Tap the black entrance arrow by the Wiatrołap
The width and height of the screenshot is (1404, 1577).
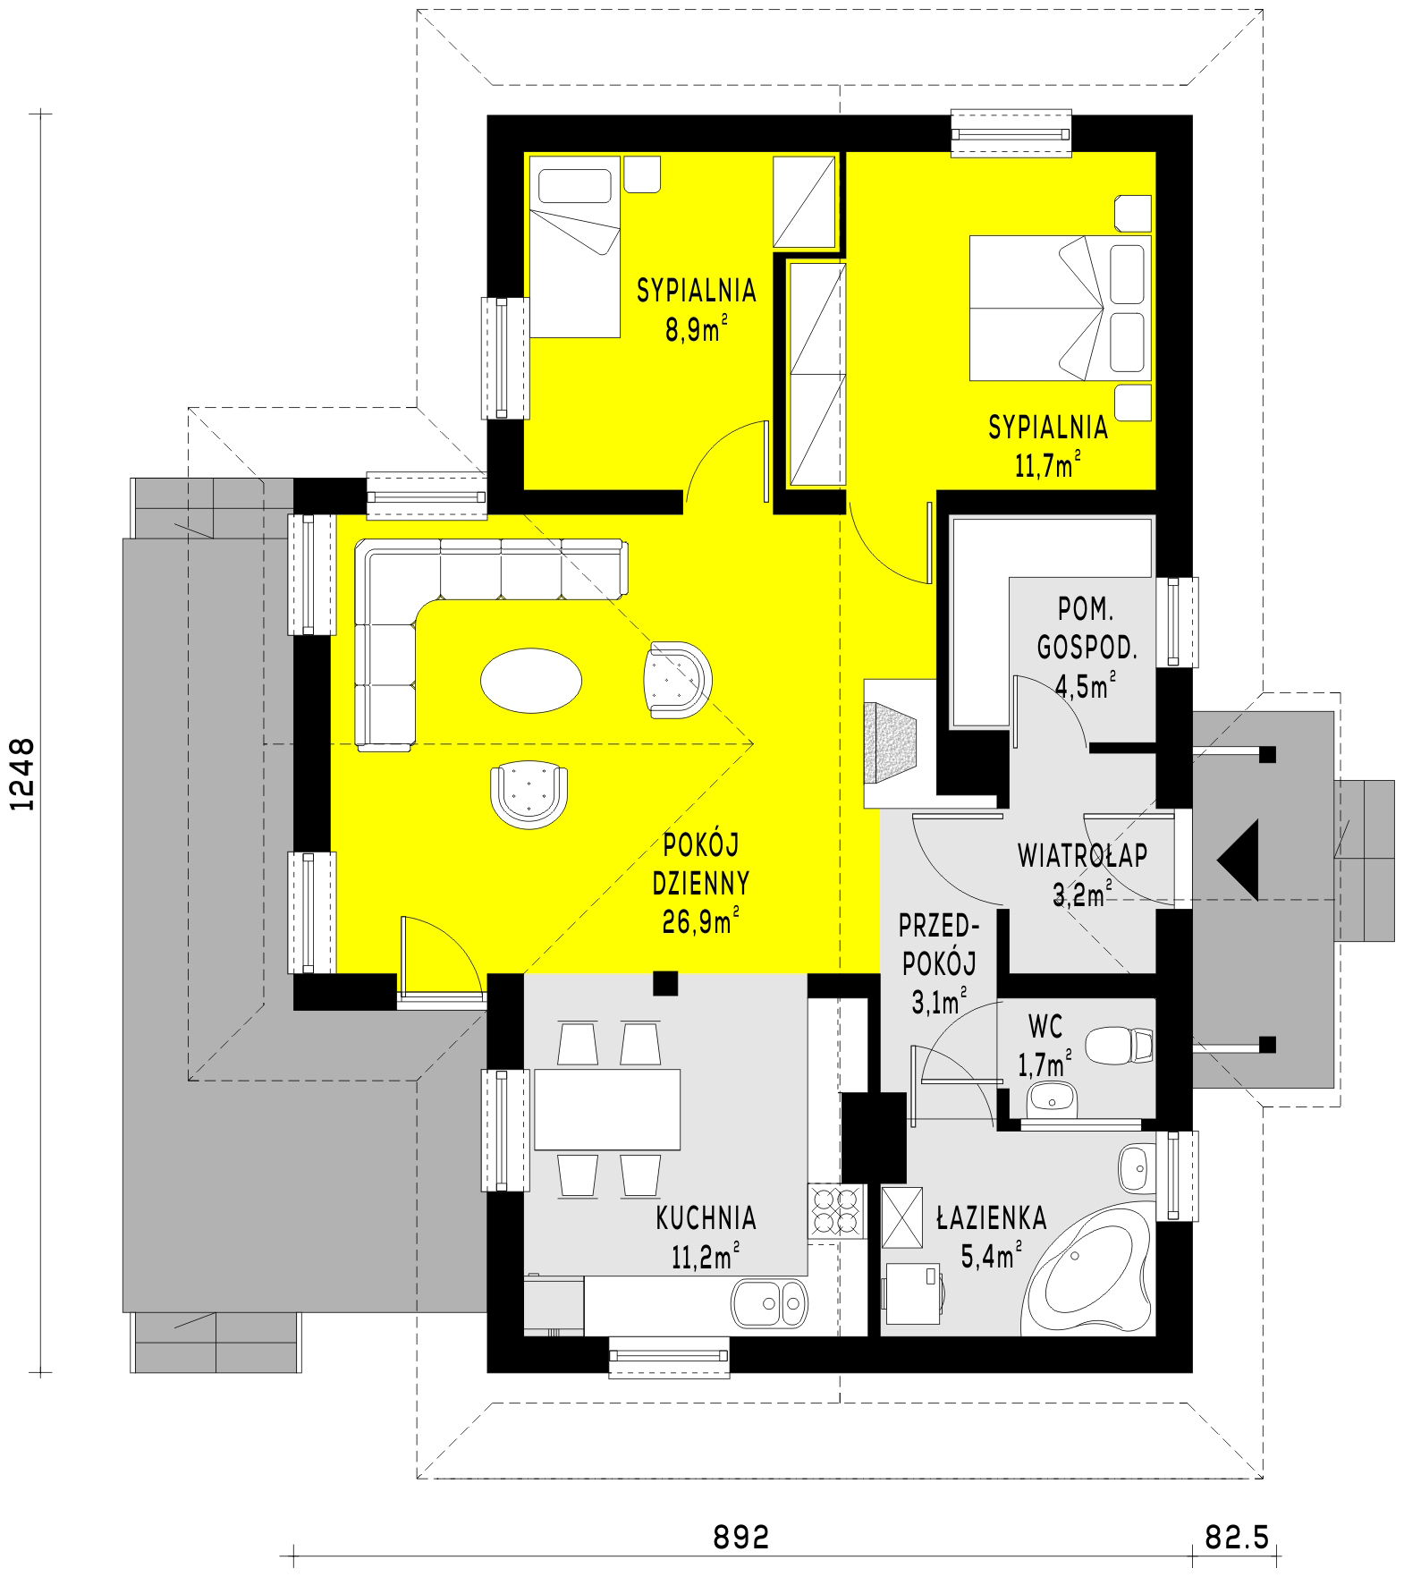pyautogui.click(x=1239, y=859)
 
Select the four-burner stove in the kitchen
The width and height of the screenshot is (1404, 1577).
pyautogui.click(x=835, y=1211)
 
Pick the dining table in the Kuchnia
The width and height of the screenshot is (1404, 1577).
pyautogui.click(x=607, y=1109)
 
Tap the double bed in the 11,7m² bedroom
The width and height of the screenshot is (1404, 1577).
pyautogui.click(x=1061, y=307)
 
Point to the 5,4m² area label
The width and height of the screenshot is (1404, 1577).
pyautogui.click(x=991, y=1256)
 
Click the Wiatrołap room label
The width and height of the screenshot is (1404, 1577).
pyautogui.click(x=1082, y=856)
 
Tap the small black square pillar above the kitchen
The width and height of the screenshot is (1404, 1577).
pyautogui.click(x=664, y=983)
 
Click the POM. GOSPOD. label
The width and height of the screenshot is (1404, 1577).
pyautogui.click(x=1087, y=630)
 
